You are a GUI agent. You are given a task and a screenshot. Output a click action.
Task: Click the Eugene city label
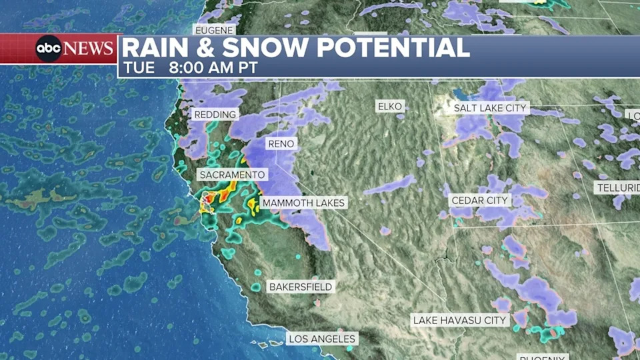coord(214,30)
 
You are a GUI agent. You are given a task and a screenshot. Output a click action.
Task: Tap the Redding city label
coord(215,115)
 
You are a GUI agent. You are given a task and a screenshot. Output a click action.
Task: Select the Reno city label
coord(281,143)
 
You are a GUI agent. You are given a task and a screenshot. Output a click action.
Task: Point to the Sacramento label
coord(232,175)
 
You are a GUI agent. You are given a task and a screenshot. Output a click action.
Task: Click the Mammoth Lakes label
coord(303,203)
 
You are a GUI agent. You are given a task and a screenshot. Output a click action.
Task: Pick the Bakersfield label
coord(300,287)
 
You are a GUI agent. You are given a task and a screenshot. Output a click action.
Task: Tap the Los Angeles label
coord(322,339)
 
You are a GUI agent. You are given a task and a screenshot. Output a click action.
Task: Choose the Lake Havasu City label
coord(459,321)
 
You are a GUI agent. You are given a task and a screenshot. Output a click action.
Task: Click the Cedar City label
coord(480,200)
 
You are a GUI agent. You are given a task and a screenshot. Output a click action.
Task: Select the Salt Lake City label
coord(491,107)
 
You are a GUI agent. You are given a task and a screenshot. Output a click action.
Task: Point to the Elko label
coord(390,107)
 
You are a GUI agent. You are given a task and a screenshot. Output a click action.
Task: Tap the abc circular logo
coord(49,49)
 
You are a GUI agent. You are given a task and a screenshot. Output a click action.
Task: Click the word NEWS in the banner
coord(89,49)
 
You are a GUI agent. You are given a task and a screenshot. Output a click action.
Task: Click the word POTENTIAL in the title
coord(393,48)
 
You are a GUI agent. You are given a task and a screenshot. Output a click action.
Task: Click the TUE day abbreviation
coord(138,68)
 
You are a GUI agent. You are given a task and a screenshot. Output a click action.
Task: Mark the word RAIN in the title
coord(154,48)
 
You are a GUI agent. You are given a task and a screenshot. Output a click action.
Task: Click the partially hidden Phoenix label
coord(543,357)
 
